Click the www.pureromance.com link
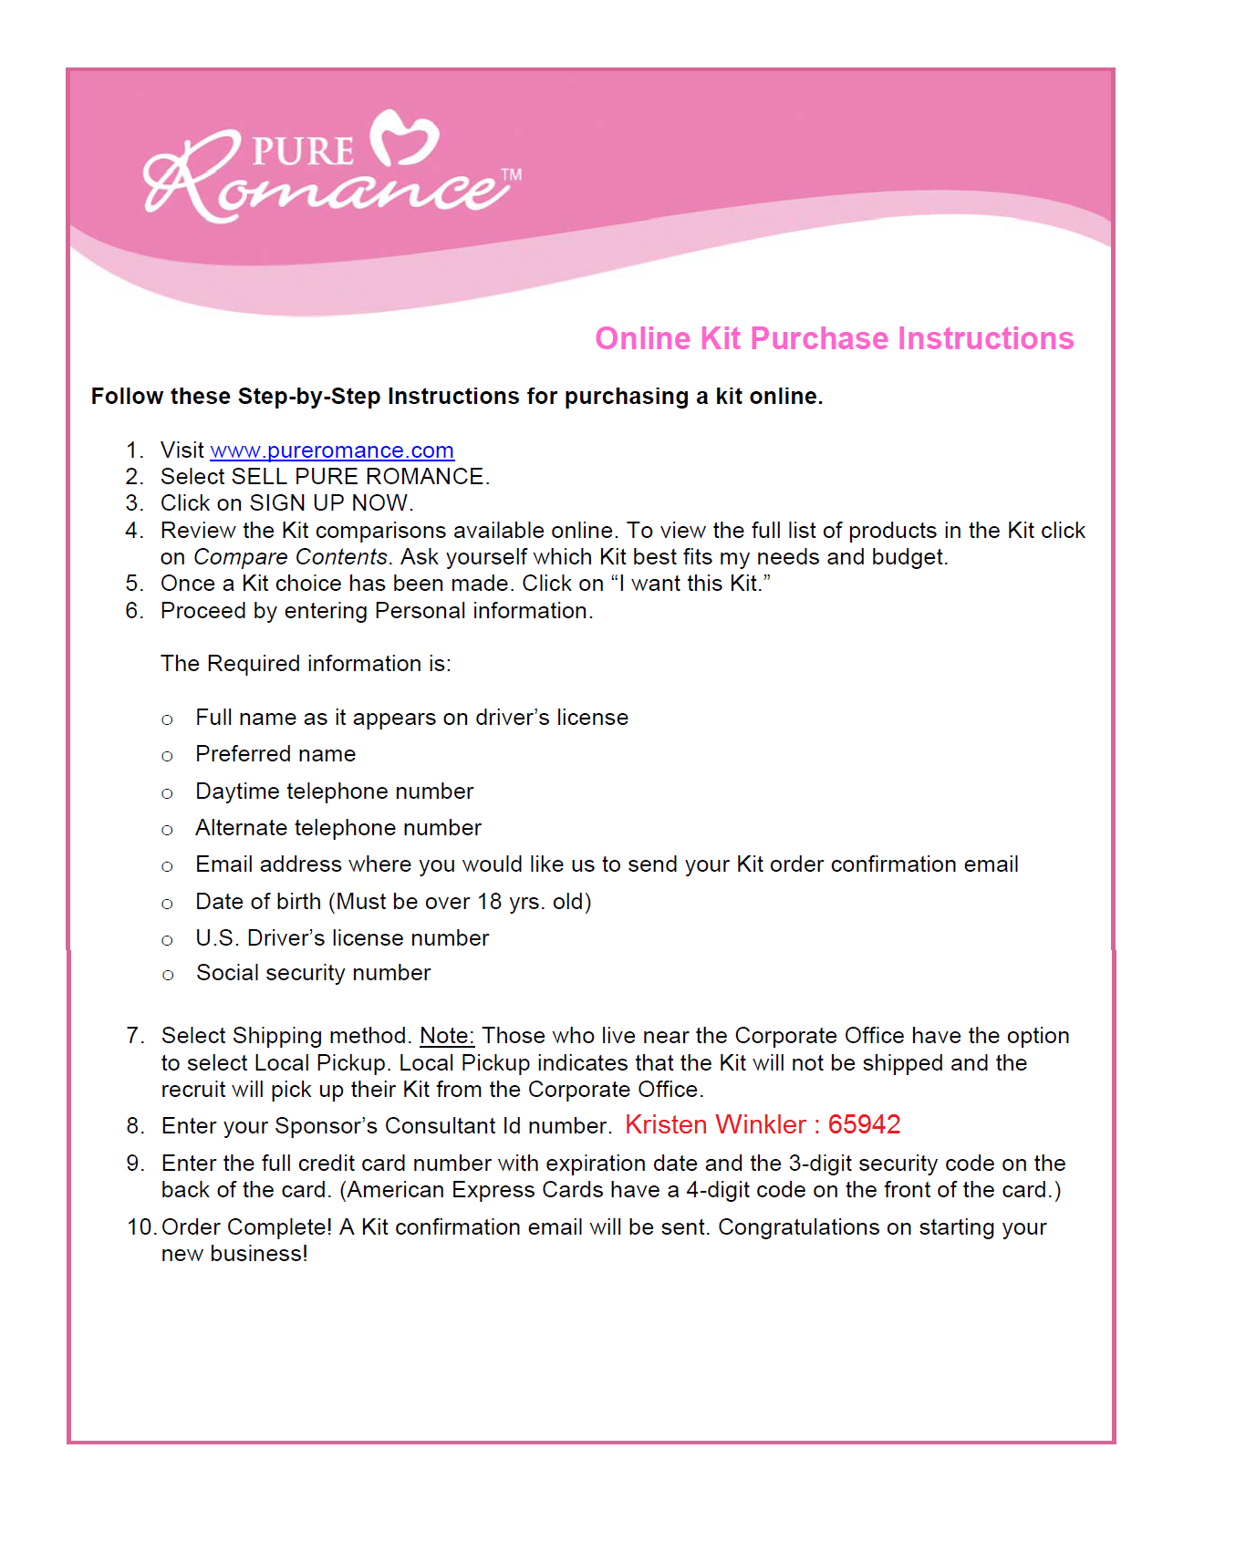pyautogui.click(x=331, y=450)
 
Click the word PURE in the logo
pyautogui.click(x=302, y=151)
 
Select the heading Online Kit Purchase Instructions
pyautogui.click(x=834, y=338)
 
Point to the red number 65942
pyautogui.click(x=864, y=1125)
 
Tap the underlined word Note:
pyautogui.click(x=446, y=1036)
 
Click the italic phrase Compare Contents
pyautogui.click(x=290, y=557)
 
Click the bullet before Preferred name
pyautogui.click(x=167, y=756)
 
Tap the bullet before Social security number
pyautogui.click(x=167, y=975)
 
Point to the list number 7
pyautogui.click(x=135, y=1036)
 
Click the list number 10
pyautogui.click(x=141, y=1227)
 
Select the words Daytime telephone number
pyautogui.click(x=334, y=792)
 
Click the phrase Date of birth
pyautogui.click(x=258, y=902)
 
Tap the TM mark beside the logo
pyautogui.click(x=512, y=174)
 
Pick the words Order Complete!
pyautogui.click(x=246, y=1227)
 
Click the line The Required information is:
pyautogui.click(x=306, y=664)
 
